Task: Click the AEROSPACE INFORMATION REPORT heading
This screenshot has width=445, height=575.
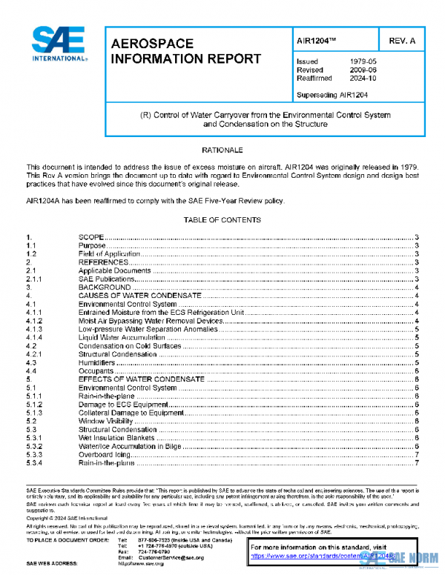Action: tap(185, 52)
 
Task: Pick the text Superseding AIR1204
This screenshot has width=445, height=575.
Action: tap(332, 95)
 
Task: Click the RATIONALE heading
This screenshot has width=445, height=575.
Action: tap(222, 150)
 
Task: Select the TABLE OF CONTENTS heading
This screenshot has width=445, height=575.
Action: tap(222, 220)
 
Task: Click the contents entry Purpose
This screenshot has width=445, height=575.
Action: tap(92, 245)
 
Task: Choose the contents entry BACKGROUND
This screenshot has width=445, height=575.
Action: tap(105, 287)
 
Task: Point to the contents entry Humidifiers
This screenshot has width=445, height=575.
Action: tap(97, 362)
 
